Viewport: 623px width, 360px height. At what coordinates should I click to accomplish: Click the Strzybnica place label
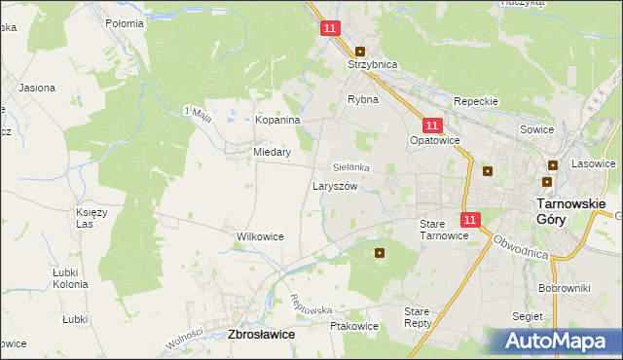(374, 65)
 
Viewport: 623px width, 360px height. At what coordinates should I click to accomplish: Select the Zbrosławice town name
(260, 334)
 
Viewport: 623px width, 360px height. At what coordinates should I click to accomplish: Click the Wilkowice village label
(260, 236)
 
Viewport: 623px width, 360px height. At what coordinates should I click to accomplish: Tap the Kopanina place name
(277, 120)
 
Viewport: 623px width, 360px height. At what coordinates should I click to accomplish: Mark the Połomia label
(125, 22)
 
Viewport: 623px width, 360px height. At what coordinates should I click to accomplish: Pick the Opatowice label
(434, 141)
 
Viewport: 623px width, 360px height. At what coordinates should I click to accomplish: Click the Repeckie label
(476, 101)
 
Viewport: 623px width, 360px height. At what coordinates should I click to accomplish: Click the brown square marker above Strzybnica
(360, 51)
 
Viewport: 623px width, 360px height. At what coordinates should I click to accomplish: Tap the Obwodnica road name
(521, 245)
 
